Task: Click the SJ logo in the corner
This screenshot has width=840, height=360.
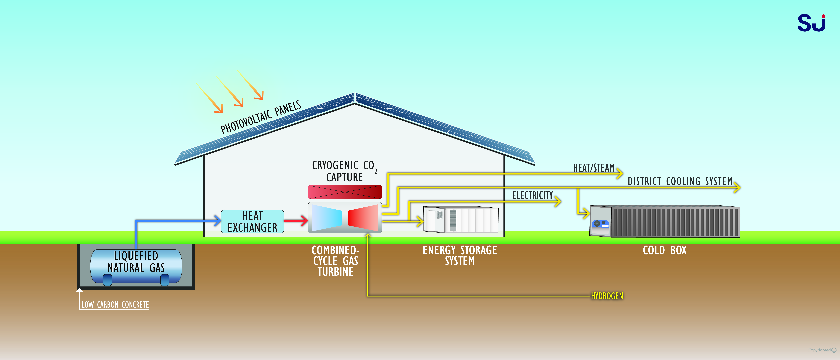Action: point(811,23)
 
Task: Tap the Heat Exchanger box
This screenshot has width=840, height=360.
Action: point(252,221)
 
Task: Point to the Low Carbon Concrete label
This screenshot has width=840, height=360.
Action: point(115,305)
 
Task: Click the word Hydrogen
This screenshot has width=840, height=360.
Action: point(607,296)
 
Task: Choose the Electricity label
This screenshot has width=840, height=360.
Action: point(532,195)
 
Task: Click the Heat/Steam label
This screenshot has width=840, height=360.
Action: point(593,168)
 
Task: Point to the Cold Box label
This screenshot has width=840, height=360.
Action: point(665,250)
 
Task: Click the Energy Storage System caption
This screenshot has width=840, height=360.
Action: point(460,255)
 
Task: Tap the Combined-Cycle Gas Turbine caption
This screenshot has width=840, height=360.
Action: point(336,261)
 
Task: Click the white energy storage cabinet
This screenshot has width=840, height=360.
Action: point(460,220)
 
